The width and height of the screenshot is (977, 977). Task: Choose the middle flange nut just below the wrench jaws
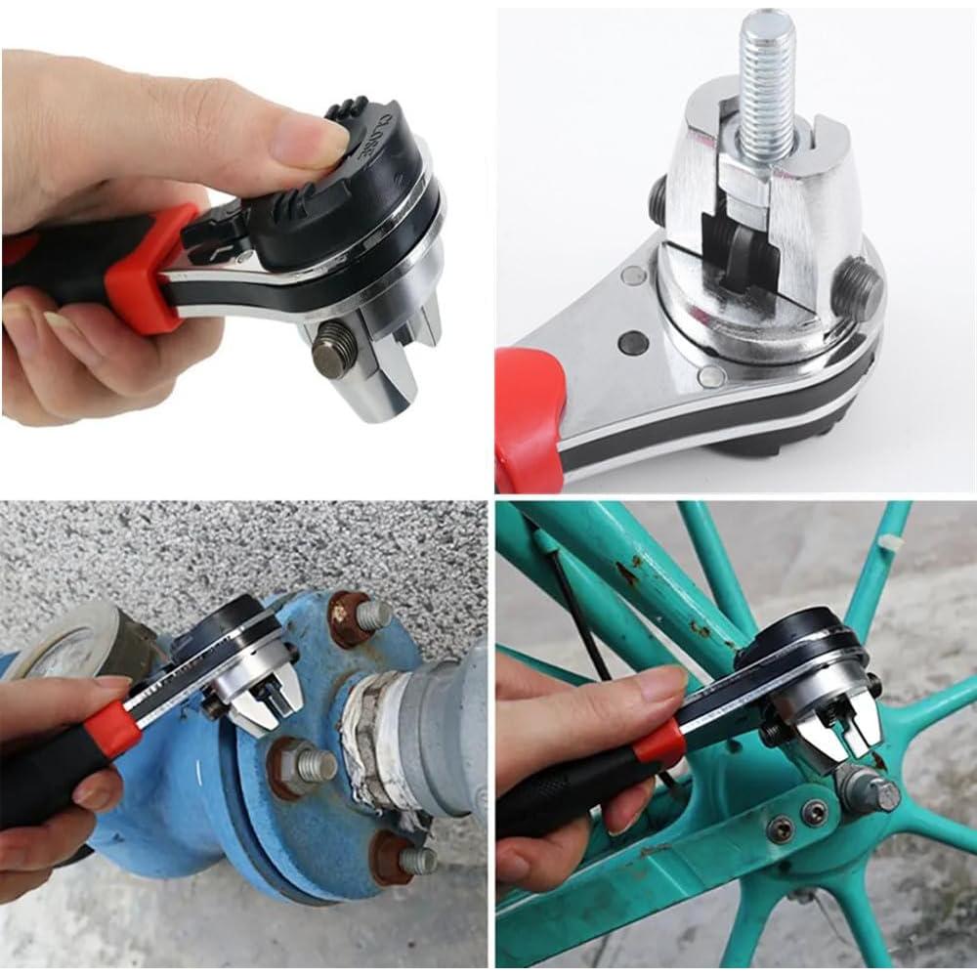click(x=302, y=761)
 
